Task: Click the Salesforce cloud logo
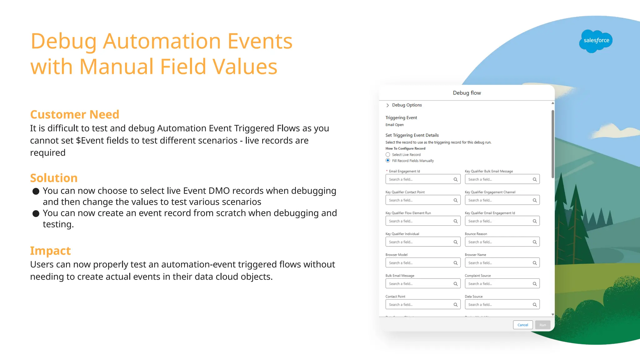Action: tap(596, 41)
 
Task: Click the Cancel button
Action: tap(522, 325)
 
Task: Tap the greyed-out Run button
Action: tap(542, 325)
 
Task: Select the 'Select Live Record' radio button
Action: tap(388, 155)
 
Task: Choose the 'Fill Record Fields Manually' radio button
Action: tap(388, 161)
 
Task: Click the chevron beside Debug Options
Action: tap(387, 105)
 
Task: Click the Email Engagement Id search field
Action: tap(419, 179)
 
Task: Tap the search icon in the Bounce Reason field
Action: tap(535, 242)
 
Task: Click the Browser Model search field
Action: tap(419, 263)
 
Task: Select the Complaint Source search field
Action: tap(498, 284)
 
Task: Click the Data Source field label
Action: tap(473, 297)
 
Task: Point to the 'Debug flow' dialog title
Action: tap(467, 93)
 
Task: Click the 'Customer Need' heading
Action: tap(74, 114)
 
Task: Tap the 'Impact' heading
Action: tap(50, 251)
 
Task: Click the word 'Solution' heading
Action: tap(54, 178)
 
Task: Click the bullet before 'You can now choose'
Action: tap(36, 191)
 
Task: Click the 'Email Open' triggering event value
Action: tap(394, 125)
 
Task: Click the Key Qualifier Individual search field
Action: tap(419, 242)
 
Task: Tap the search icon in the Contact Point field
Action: tap(456, 305)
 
